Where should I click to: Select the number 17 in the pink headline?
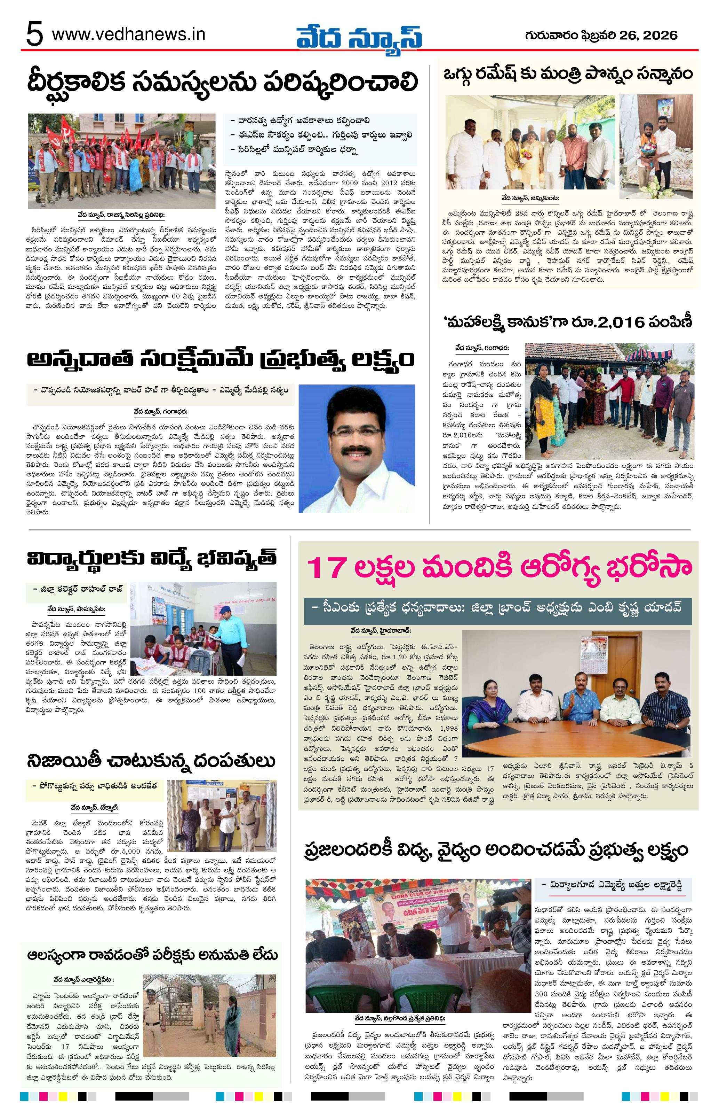(329, 566)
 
